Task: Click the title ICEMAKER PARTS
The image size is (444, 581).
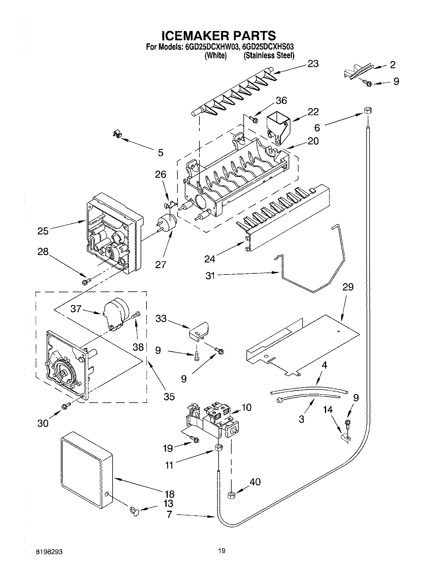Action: pos(219,35)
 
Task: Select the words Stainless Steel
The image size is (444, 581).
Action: pos(269,56)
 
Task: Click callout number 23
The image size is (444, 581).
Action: pos(313,64)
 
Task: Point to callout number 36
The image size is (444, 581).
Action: pos(281,101)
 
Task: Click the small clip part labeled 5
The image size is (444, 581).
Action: pos(118,135)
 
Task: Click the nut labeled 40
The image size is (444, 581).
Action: pos(231,495)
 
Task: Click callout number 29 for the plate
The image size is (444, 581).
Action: pos(348,287)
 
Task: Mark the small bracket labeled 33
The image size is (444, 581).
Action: pos(198,331)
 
